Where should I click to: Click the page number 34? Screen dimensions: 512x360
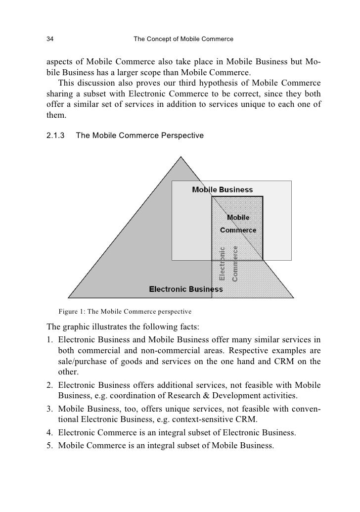50,39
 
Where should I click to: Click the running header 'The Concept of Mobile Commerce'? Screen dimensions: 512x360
183,39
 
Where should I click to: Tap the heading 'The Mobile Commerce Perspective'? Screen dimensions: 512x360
139,135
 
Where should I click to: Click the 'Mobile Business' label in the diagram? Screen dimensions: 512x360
222,189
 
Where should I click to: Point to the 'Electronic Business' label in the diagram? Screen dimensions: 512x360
186,289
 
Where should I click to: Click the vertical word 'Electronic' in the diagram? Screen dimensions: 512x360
222,264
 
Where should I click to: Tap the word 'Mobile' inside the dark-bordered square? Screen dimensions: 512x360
238,217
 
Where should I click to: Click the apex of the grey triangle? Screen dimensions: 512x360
181,157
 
